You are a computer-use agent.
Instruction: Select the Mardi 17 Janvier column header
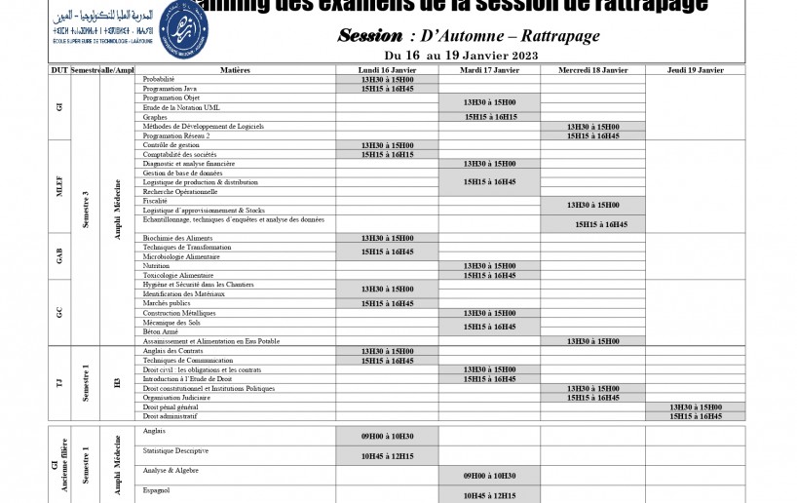tap(489, 70)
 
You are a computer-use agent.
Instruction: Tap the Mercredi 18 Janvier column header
tap(592, 70)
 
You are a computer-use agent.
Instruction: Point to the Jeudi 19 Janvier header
tap(695, 70)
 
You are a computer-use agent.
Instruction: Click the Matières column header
tap(235, 70)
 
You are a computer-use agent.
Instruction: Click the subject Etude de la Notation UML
tap(182, 107)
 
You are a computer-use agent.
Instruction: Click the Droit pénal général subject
tap(171, 406)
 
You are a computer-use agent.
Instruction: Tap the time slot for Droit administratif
tap(695, 416)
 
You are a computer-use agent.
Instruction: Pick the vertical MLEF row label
tap(59, 186)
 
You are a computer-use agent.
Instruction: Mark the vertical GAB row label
tap(59, 256)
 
